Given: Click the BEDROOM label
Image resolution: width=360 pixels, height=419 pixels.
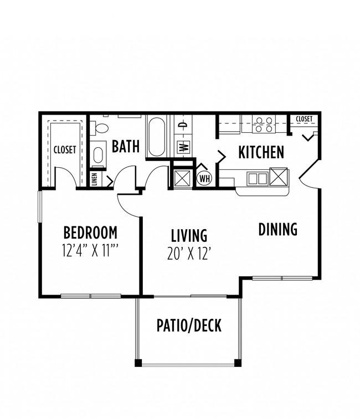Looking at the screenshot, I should click(90, 231).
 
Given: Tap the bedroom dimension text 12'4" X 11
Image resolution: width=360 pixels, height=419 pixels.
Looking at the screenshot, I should click(90, 250).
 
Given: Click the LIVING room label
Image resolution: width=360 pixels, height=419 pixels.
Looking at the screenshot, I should click(189, 235).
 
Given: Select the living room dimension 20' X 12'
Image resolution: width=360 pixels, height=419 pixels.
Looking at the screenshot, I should click(189, 254).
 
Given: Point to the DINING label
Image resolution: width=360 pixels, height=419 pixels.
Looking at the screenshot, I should click(278, 229).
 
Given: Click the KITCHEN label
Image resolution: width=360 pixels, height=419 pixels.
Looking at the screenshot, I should click(261, 152).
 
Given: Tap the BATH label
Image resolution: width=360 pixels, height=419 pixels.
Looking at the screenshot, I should click(126, 147).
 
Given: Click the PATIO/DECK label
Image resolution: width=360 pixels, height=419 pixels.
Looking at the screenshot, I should click(188, 325).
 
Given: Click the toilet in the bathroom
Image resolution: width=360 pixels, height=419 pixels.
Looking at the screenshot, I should click(100, 128).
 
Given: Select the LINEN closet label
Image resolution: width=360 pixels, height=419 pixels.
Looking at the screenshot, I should click(95, 179).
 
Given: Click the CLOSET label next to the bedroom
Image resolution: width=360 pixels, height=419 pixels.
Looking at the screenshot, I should click(65, 149).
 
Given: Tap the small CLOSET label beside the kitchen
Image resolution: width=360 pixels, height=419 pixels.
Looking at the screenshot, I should click(304, 119).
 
